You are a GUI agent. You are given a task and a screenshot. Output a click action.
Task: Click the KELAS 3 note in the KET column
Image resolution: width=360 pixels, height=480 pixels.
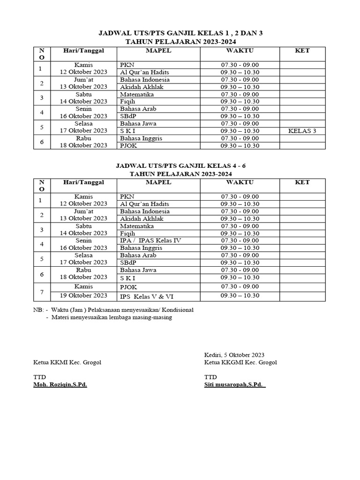pyautogui.click(x=302, y=131)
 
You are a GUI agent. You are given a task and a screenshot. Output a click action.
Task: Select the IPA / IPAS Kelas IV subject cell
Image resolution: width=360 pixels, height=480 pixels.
pyautogui.click(x=150, y=240)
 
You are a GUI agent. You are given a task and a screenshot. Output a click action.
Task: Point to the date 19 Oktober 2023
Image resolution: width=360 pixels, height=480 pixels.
pyautogui.click(x=83, y=295)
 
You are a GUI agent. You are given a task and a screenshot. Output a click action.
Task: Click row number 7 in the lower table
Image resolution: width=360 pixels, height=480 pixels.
pyautogui.click(x=42, y=292)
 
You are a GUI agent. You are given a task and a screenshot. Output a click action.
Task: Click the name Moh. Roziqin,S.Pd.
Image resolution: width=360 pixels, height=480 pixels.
pyautogui.click(x=60, y=384)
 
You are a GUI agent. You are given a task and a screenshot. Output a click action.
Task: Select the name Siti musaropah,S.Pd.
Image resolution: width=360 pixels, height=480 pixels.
pyautogui.click(x=234, y=384)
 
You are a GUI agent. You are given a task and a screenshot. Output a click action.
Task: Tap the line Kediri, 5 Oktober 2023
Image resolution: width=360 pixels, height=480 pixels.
pyautogui.click(x=234, y=355)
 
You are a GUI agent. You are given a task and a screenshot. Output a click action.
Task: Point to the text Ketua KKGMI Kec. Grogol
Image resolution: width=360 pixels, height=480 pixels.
pyautogui.click(x=240, y=362)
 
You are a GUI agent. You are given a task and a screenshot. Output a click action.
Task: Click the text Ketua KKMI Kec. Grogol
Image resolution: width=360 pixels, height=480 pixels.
pyautogui.click(x=67, y=362)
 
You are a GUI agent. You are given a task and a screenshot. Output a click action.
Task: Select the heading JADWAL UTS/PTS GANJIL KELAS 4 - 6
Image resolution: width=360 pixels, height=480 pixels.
pyautogui.click(x=180, y=165)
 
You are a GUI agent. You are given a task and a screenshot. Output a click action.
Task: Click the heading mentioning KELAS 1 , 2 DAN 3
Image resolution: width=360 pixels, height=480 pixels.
pyautogui.click(x=180, y=34)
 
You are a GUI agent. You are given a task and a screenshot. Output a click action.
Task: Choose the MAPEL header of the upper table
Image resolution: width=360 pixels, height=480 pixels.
pyautogui.click(x=158, y=50)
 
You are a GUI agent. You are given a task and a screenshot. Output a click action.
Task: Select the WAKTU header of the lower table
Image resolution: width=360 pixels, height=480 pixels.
pyautogui.click(x=240, y=182)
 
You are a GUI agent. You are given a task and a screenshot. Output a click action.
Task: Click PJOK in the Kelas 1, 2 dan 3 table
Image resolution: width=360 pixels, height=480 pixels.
pyautogui.click(x=128, y=146)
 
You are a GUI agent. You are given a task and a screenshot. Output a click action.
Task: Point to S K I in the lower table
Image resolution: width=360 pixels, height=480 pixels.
pyautogui.click(x=127, y=277)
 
